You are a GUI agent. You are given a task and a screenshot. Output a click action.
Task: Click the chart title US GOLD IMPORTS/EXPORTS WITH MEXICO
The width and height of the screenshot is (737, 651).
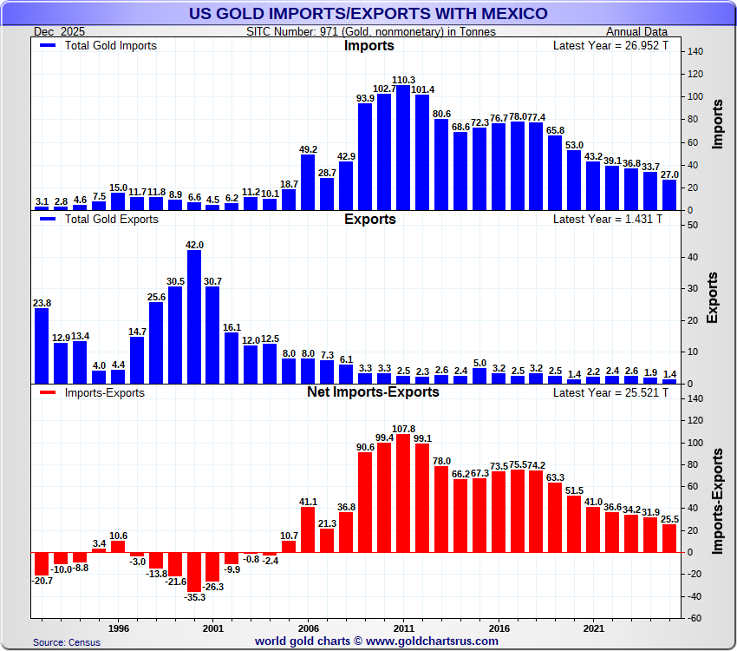pyautogui.click(x=368, y=13)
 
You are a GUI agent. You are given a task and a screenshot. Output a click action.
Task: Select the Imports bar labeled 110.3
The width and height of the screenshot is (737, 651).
pyautogui.click(x=403, y=148)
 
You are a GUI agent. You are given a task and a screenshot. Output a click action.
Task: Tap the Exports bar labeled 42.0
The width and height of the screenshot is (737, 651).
pyautogui.click(x=194, y=317)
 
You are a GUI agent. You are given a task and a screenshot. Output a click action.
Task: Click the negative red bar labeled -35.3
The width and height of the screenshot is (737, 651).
pyautogui.click(x=194, y=572)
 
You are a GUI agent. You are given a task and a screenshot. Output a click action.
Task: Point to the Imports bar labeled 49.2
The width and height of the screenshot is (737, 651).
pyautogui.click(x=308, y=182)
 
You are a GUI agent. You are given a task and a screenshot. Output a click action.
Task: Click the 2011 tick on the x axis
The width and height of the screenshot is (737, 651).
pyautogui.click(x=403, y=627)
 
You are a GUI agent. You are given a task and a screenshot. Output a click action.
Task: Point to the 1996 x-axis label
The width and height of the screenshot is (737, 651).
pyautogui.click(x=118, y=627)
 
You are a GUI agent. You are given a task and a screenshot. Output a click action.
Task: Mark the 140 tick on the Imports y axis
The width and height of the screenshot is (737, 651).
pyautogui.click(x=694, y=52)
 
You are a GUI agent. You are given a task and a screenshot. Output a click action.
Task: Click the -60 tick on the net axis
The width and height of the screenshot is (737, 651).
pyautogui.click(x=694, y=618)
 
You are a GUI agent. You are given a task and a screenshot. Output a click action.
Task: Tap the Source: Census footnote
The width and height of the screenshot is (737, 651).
pyautogui.click(x=67, y=642)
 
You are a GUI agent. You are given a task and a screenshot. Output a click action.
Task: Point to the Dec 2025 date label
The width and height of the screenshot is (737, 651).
pyautogui.click(x=57, y=31)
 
